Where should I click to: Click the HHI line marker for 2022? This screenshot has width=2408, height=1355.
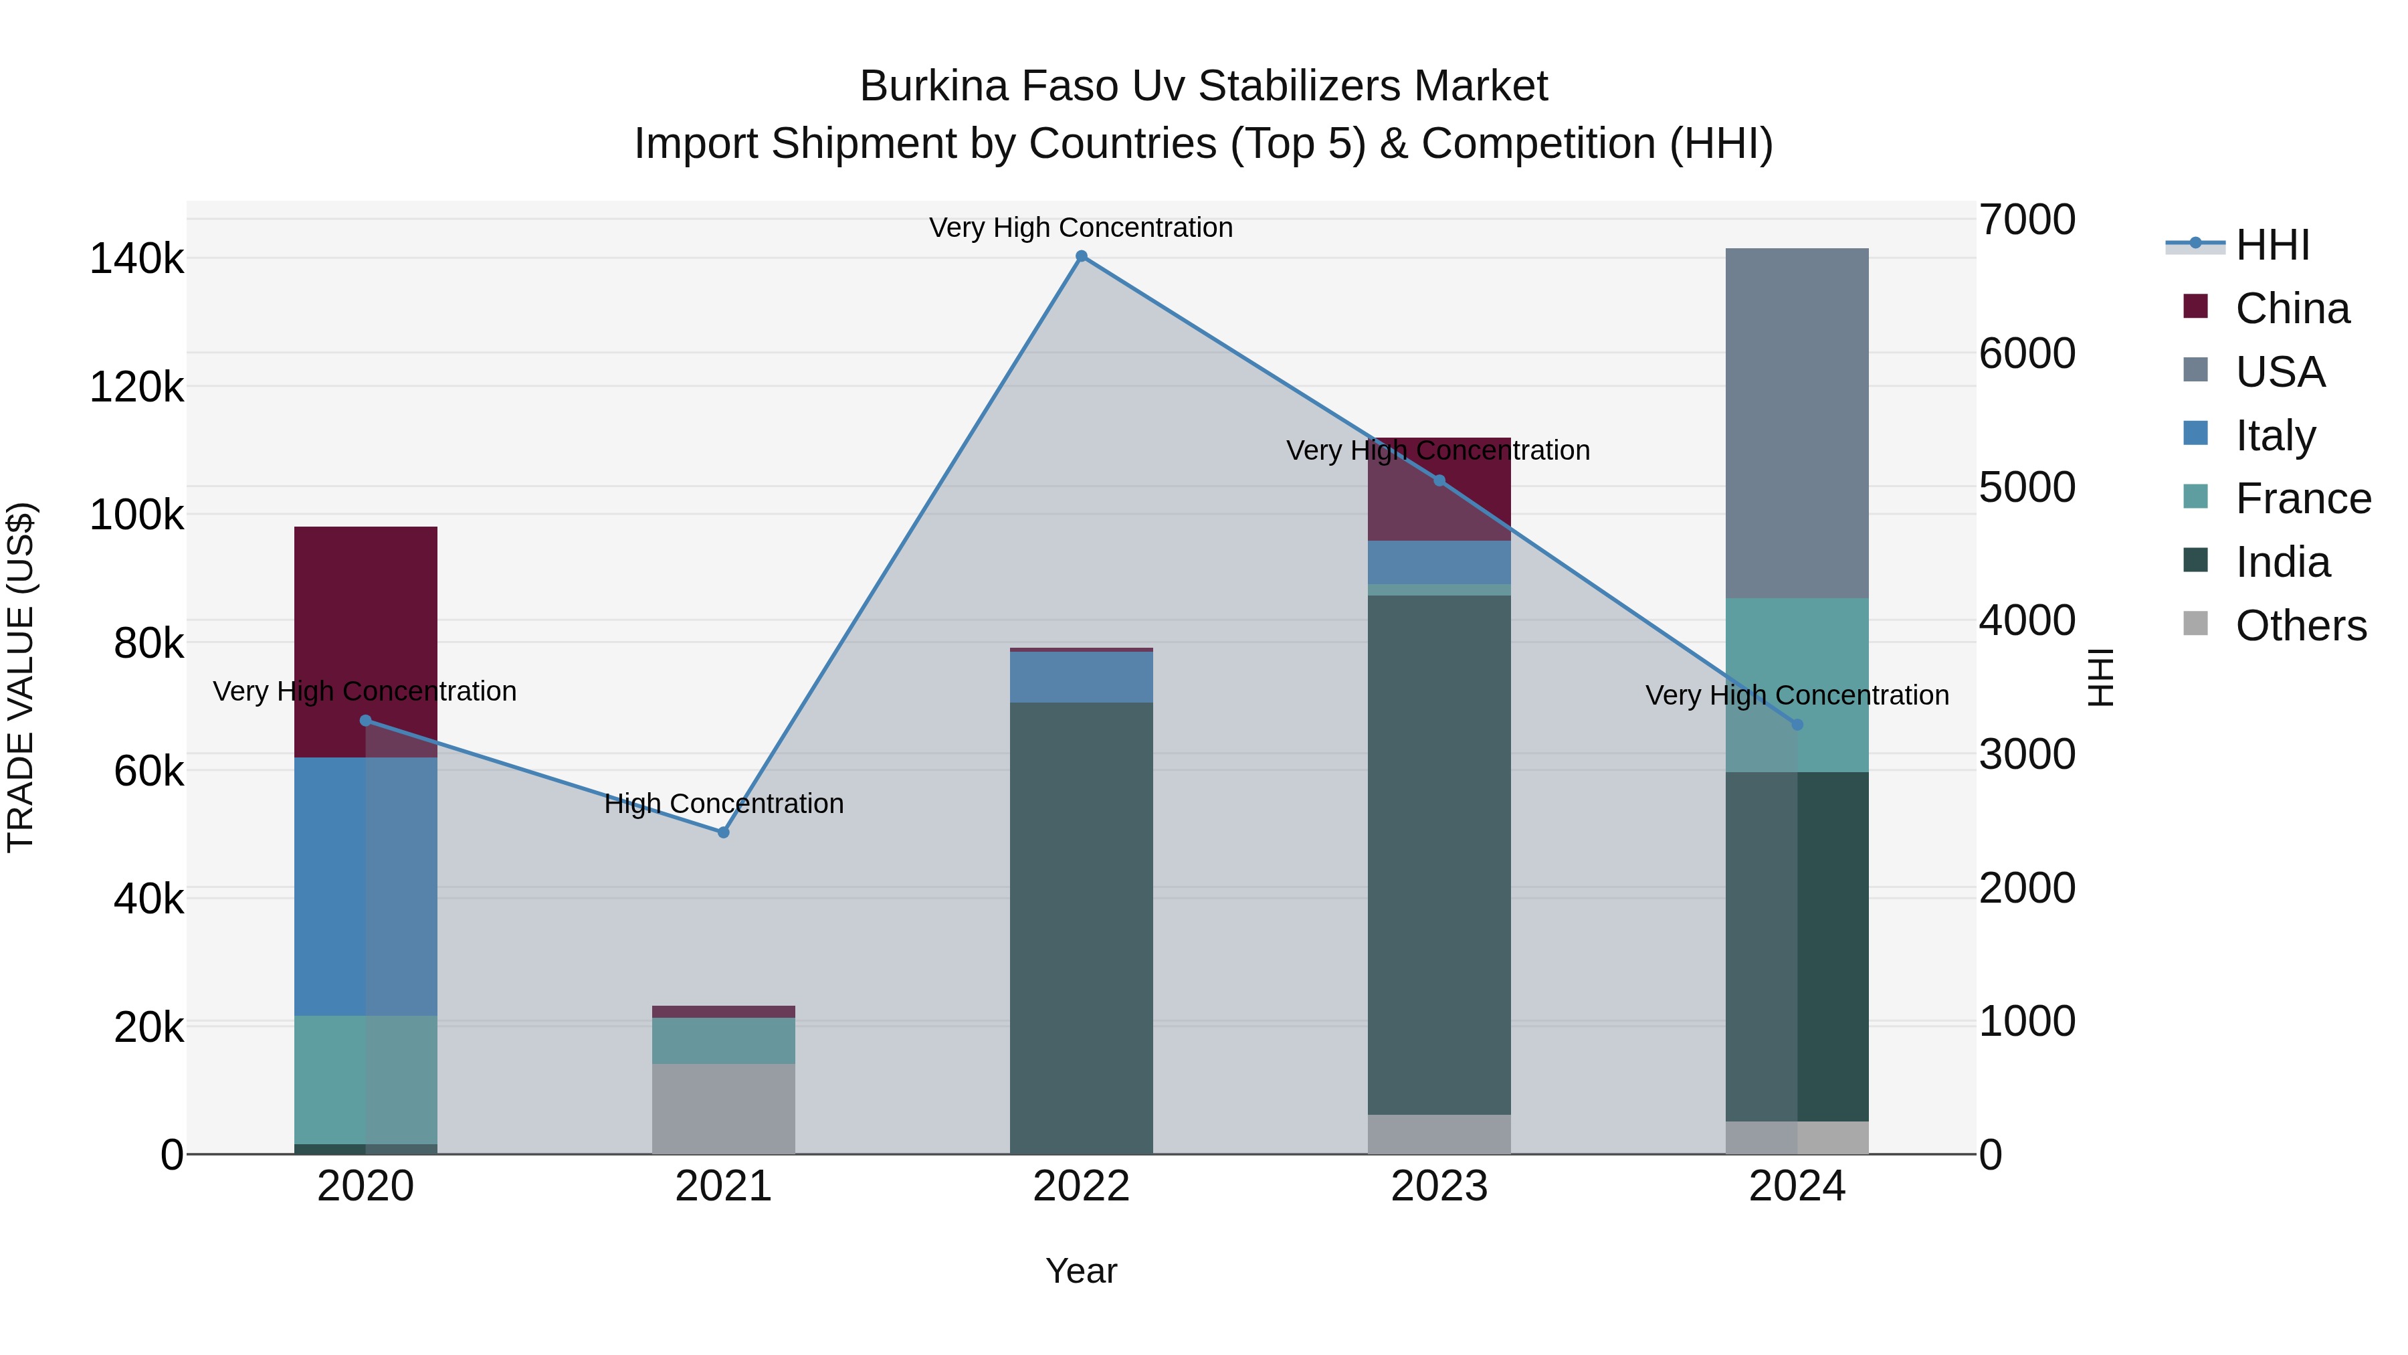click(1082, 256)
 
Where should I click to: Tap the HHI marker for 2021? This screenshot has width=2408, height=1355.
click(724, 832)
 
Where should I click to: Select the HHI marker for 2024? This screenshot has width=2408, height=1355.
click(1797, 725)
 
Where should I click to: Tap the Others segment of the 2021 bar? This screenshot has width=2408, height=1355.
click(724, 1108)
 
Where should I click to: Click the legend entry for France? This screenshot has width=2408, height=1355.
click(2302, 499)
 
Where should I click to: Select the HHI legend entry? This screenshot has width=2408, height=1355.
click(2272, 245)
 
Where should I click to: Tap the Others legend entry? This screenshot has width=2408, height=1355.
click(2300, 626)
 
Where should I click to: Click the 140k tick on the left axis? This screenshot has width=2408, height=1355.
click(136, 259)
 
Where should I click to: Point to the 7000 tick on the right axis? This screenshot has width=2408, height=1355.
click(2027, 219)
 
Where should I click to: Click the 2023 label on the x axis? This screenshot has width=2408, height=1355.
click(1439, 1186)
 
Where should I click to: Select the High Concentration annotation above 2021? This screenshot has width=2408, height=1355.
click(724, 803)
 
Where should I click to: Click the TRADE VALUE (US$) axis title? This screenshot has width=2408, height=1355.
click(21, 677)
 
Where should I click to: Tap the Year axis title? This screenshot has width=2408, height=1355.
click(1082, 1271)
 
